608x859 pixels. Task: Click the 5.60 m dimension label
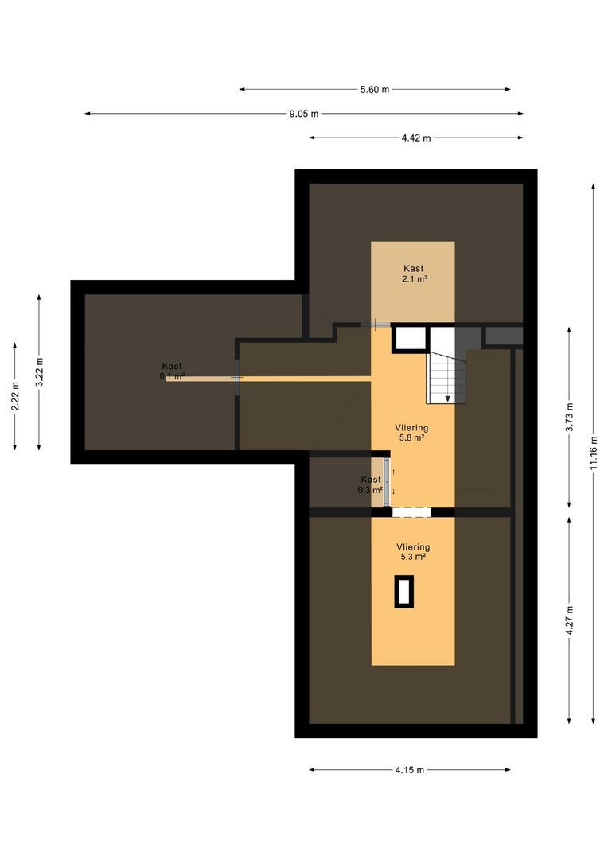[374, 90]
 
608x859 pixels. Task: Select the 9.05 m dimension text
[303, 114]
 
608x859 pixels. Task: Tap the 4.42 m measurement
[415, 138]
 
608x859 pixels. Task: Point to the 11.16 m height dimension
[593, 453]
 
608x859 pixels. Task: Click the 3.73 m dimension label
[569, 417]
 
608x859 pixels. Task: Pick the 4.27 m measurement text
[569, 620]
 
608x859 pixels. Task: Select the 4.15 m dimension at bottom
[409, 769]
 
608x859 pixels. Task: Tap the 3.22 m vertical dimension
[40, 371]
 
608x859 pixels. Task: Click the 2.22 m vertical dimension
[15, 395]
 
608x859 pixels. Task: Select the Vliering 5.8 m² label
[412, 432]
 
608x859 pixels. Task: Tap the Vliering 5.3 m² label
[413, 552]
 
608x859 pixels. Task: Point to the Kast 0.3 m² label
[370, 484]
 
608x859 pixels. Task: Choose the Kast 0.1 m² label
[172, 371]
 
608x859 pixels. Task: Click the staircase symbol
[447, 377]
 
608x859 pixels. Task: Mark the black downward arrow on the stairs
[449, 397]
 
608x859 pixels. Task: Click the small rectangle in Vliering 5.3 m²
[404, 593]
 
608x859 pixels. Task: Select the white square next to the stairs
[411, 338]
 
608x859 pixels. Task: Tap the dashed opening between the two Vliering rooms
[411, 512]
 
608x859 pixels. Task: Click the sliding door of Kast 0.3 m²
[388, 482]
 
